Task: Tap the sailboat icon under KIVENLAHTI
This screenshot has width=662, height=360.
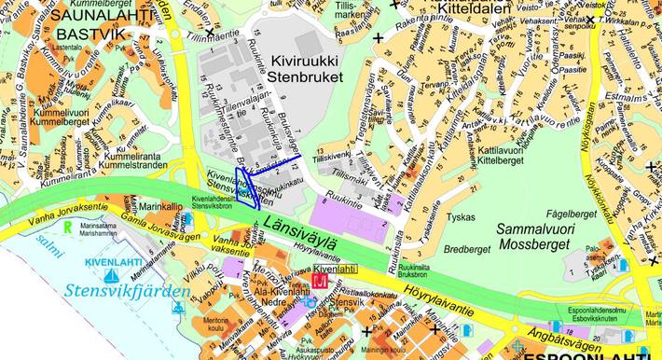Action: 111,275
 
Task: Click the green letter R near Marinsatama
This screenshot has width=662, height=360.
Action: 67,227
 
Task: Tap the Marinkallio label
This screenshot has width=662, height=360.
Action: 161,207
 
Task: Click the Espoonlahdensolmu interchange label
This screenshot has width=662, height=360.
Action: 599,310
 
